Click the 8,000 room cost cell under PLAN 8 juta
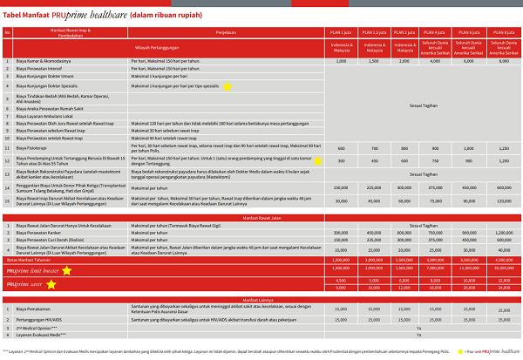tap(499, 62)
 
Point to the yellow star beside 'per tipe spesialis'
tap(227, 86)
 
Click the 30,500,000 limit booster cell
tap(499, 269)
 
